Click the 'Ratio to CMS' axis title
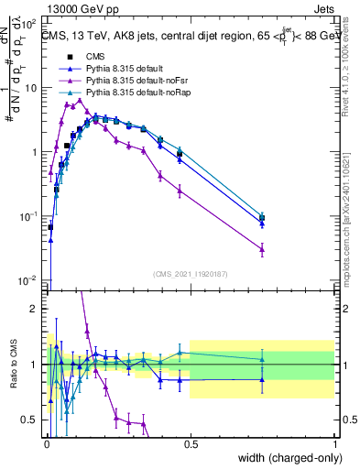pyautogui.click(x=13, y=364)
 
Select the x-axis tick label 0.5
pyautogui.click(x=190, y=442)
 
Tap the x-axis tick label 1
pyautogui.click(x=334, y=442)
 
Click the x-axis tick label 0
pyautogui.click(x=46, y=442)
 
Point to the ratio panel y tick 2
pyautogui.click(x=38, y=309)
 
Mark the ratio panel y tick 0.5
pyautogui.click(x=33, y=420)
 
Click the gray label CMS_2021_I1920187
pyautogui.click(x=190, y=273)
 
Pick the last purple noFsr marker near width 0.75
pyautogui.click(x=262, y=248)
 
